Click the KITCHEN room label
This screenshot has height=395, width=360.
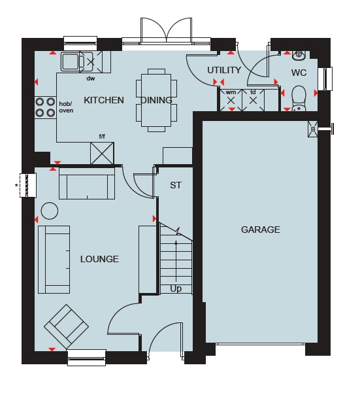pyautogui.click(x=104, y=100)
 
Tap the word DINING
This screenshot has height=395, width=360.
pyautogui.click(x=156, y=100)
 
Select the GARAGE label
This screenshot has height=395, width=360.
pyautogui.click(x=261, y=230)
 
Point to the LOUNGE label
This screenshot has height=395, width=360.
pyautogui.click(x=99, y=259)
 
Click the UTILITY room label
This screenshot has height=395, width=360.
pyautogui.click(x=224, y=70)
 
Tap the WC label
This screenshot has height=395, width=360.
pyautogui.click(x=299, y=73)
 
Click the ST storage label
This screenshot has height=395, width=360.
pyautogui.click(x=176, y=186)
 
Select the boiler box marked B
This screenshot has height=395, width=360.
pyautogui.click(x=313, y=129)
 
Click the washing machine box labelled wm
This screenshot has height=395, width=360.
pyautogui.click(x=231, y=100)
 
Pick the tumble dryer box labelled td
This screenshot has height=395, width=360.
pyautogui.click(x=253, y=100)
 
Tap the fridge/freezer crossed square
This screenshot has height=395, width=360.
pyautogui.click(x=102, y=154)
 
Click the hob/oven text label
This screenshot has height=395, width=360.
pyautogui.click(x=66, y=107)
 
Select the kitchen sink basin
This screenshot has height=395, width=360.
pyautogui.click(x=71, y=61)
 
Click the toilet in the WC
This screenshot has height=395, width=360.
pyautogui.click(x=299, y=99)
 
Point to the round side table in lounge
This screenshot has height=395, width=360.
pyautogui.click(x=50, y=211)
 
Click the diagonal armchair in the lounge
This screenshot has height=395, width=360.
pyautogui.click(x=66, y=327)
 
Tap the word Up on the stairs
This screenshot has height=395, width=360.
pyautogui.click(x=176, y=288)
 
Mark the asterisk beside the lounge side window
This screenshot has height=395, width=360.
pyautogui.click(x=16, y=186)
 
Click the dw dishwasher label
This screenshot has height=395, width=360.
pyautogui.click(x=91, y=78)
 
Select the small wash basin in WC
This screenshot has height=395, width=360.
pyautogui.click(x=299, y=55)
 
